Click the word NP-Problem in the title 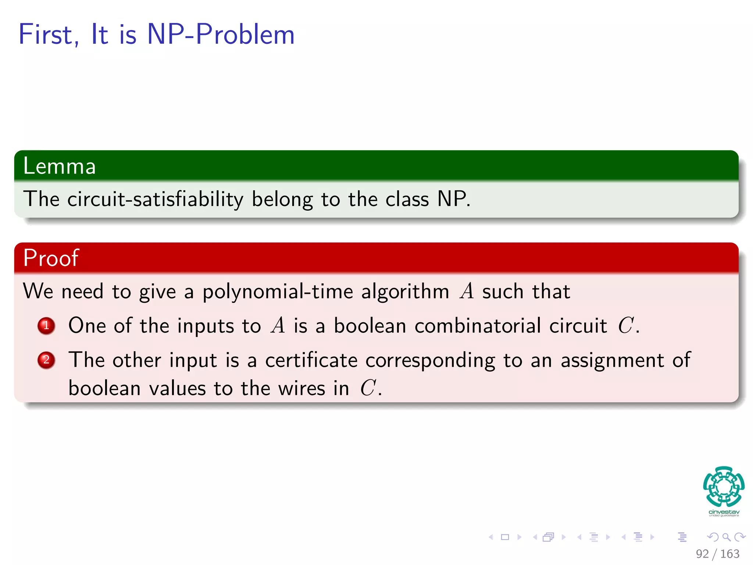[221, 35]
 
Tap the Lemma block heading [60, 166]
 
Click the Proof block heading [51, 258]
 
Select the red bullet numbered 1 [46, 326]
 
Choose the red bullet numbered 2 [46, 360]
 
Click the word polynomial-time [278, 292]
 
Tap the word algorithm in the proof [405, 292]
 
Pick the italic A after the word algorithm [467, 292]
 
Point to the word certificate [311, 360]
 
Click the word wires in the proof [301, 388]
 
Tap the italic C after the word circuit [625, 326]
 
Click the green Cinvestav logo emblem [724, 487]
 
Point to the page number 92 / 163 [717, 554]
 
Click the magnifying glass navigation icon [726, 537]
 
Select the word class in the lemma [407, 199]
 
